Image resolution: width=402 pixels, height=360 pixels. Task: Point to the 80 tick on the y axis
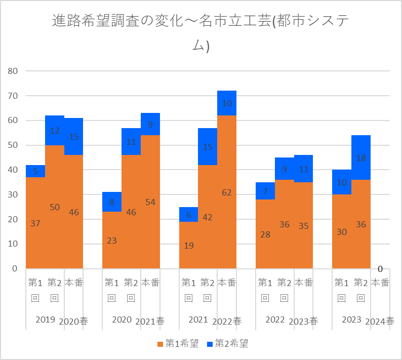(x=12, y=71)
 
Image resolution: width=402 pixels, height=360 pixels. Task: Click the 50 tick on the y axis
(x=12, y=145)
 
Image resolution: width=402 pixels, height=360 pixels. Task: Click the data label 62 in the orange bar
(x=227, y=192)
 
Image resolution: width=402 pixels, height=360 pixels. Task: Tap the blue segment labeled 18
(x=361, y=157)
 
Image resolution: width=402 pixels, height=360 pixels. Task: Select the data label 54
(x=150, y=202)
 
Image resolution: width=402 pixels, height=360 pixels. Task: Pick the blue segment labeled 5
(x=35, y=171)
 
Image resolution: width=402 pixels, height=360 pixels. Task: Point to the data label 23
(x=112, y=241)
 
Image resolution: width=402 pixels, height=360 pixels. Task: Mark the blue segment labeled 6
(x=188, y=214)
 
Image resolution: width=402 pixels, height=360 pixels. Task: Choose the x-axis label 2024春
(x=380, y=321)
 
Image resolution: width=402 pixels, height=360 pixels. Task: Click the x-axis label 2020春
(x=73, y=321)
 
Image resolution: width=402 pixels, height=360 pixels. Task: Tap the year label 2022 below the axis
(x=275, y=319)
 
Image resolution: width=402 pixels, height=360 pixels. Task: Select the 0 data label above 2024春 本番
(x=380, y=269)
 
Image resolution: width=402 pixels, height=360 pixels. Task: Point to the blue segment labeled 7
(x=265, y=191)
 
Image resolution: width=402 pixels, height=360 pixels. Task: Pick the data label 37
(x=35, y=223)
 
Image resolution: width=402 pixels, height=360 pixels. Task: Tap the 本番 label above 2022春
(x=227, y=283)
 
